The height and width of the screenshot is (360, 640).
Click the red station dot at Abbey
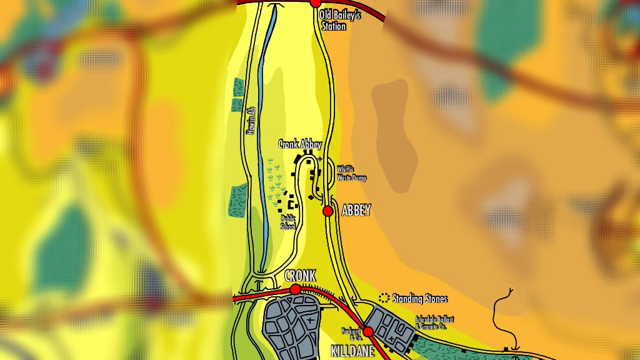point(327,211)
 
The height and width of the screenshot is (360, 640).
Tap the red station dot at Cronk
point(295,289)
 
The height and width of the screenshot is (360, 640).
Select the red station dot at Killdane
point(368,331)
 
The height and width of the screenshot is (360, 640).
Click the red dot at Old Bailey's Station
point(316,2)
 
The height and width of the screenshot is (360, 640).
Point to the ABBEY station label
point(356,211)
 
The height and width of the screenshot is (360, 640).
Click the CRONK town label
point(300,276)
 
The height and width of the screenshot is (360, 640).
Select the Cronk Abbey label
point(299,144)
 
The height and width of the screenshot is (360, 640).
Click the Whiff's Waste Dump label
point(351,174)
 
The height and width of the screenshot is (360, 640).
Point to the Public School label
point(287,222)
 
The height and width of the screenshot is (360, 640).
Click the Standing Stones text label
point(419,299)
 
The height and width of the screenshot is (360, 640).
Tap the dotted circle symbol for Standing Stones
point(384,298)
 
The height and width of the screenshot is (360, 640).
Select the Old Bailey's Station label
point(339,21)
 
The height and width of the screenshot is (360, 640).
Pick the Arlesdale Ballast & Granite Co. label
point(434,322)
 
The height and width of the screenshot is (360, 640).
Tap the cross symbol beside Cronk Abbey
point(320,159)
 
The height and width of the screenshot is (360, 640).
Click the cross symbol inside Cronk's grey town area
point(310,321)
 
